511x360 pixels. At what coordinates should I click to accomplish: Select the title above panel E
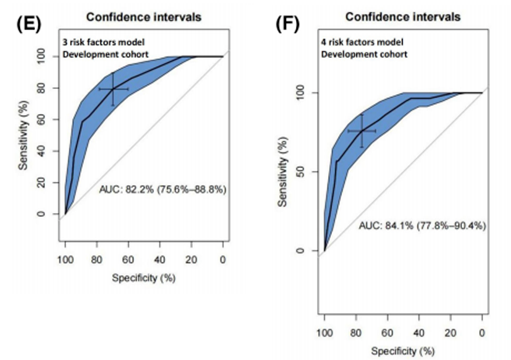pos(144,17)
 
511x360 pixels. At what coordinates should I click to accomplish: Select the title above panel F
pos(403,17)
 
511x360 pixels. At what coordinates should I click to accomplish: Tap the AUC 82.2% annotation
pos(163,189)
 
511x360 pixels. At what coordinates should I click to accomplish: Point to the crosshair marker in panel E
pos(113,89)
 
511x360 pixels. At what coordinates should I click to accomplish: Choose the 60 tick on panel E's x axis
pos(129,260)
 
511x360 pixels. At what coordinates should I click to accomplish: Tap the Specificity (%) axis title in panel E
pos(144,278)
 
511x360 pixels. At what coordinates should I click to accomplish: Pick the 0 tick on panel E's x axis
pos(223,260)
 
